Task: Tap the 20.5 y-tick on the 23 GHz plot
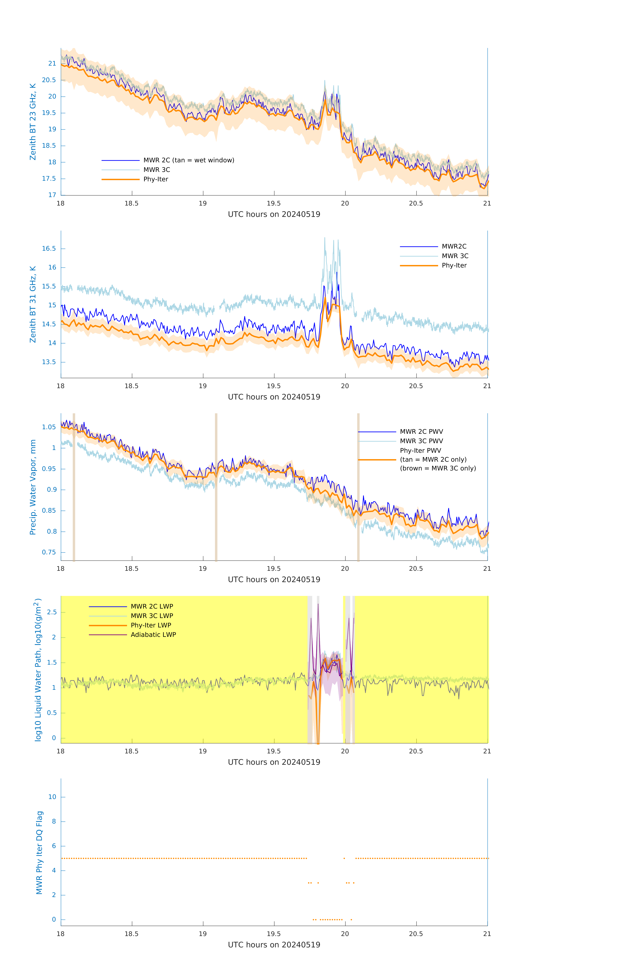(x=49, y=80)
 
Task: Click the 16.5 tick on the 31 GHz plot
(x=49, y=248)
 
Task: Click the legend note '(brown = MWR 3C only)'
(x=438, y=468)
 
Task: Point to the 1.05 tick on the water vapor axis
(x=49, y=427)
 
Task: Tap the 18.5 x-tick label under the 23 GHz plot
(x=132, y=203)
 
